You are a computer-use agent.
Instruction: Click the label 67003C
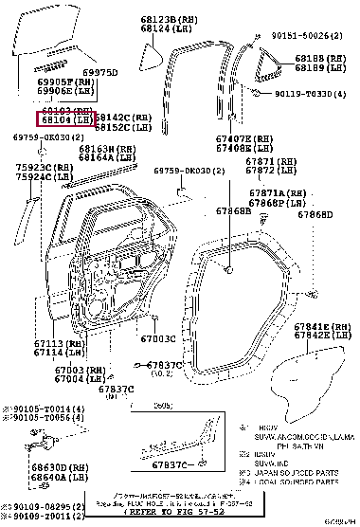pos(157,338)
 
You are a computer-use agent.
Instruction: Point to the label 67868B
pos(232,211)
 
